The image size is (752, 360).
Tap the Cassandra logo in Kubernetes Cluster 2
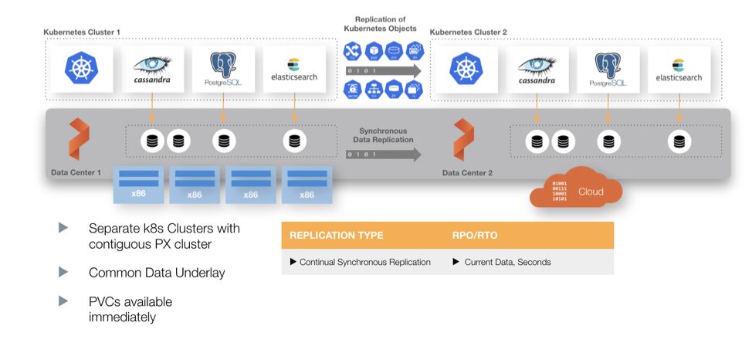pos(537,70)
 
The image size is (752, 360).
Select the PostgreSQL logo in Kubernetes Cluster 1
pos(222,70)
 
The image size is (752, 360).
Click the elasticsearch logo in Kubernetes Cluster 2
pos(679,70)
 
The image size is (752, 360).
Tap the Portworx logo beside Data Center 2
pos(464,139)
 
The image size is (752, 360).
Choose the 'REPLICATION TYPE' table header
pos(336,236)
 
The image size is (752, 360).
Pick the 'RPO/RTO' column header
pos(473,236)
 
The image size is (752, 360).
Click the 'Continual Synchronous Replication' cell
pos(360,262)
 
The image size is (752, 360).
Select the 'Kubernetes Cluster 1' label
pos(82,32)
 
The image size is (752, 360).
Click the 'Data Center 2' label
pos(467,172)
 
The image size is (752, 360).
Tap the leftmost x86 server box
pos(138,184)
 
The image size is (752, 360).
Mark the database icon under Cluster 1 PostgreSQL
pos(224,141)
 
